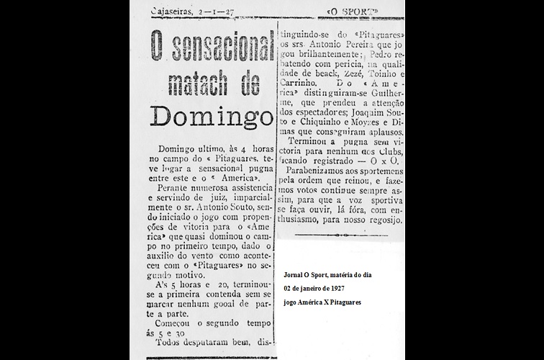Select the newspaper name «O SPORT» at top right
pos(352,12)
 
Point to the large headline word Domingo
pos(212,117)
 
